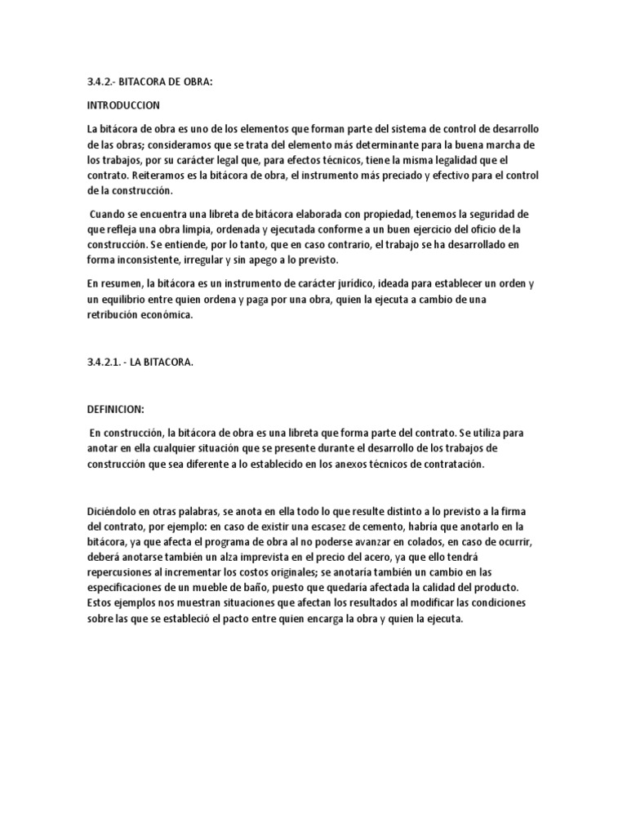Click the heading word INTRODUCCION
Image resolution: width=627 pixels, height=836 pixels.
(x=123, y=106)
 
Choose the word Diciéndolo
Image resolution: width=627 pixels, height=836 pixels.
(x=116, y=510)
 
